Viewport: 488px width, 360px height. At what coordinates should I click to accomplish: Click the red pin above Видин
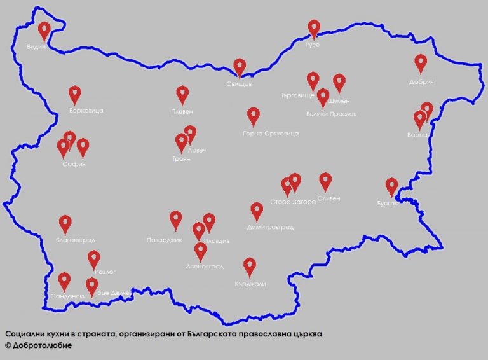point(44,29)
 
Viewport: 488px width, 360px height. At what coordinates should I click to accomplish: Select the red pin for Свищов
point(240,66)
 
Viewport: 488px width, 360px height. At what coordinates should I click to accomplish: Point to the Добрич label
point(420,82)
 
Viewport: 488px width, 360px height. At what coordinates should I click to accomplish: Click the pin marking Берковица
point(75,94)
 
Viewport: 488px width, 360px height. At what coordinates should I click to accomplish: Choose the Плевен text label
point(182,111)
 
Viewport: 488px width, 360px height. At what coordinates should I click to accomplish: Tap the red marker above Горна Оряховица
point(254,115)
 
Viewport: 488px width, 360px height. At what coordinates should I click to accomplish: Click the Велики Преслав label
point(331,114)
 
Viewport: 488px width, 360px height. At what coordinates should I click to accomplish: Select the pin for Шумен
point(339,82)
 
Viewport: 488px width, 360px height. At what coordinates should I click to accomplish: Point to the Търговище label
point(297,95)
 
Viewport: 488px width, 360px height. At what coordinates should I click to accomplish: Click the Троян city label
point(181,159)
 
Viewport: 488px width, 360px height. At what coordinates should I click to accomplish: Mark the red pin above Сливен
point(325,181)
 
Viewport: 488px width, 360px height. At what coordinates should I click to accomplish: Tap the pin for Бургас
point(392,186)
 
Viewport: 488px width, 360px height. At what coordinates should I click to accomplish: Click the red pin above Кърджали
point(250,266)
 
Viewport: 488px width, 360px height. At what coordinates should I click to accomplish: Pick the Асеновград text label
point(205,266)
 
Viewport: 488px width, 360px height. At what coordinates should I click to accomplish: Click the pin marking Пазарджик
point(176,219)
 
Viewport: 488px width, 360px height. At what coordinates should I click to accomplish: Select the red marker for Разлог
point(94,259)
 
